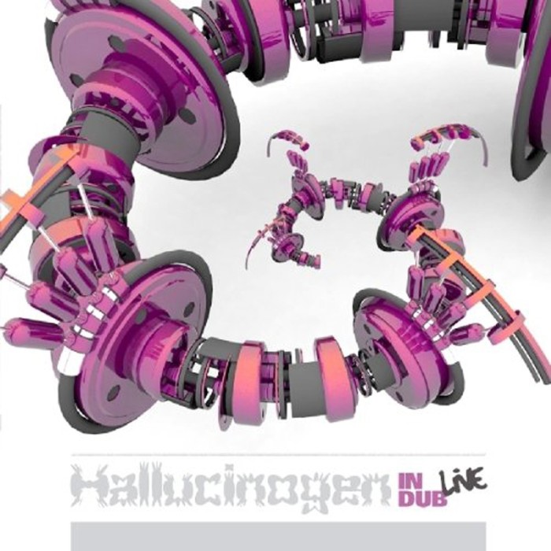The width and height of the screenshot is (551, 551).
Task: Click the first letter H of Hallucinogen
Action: pyautogui.click(x=88, y=488)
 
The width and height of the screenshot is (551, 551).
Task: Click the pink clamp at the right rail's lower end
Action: pyautogui.click(x=508, y=327)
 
